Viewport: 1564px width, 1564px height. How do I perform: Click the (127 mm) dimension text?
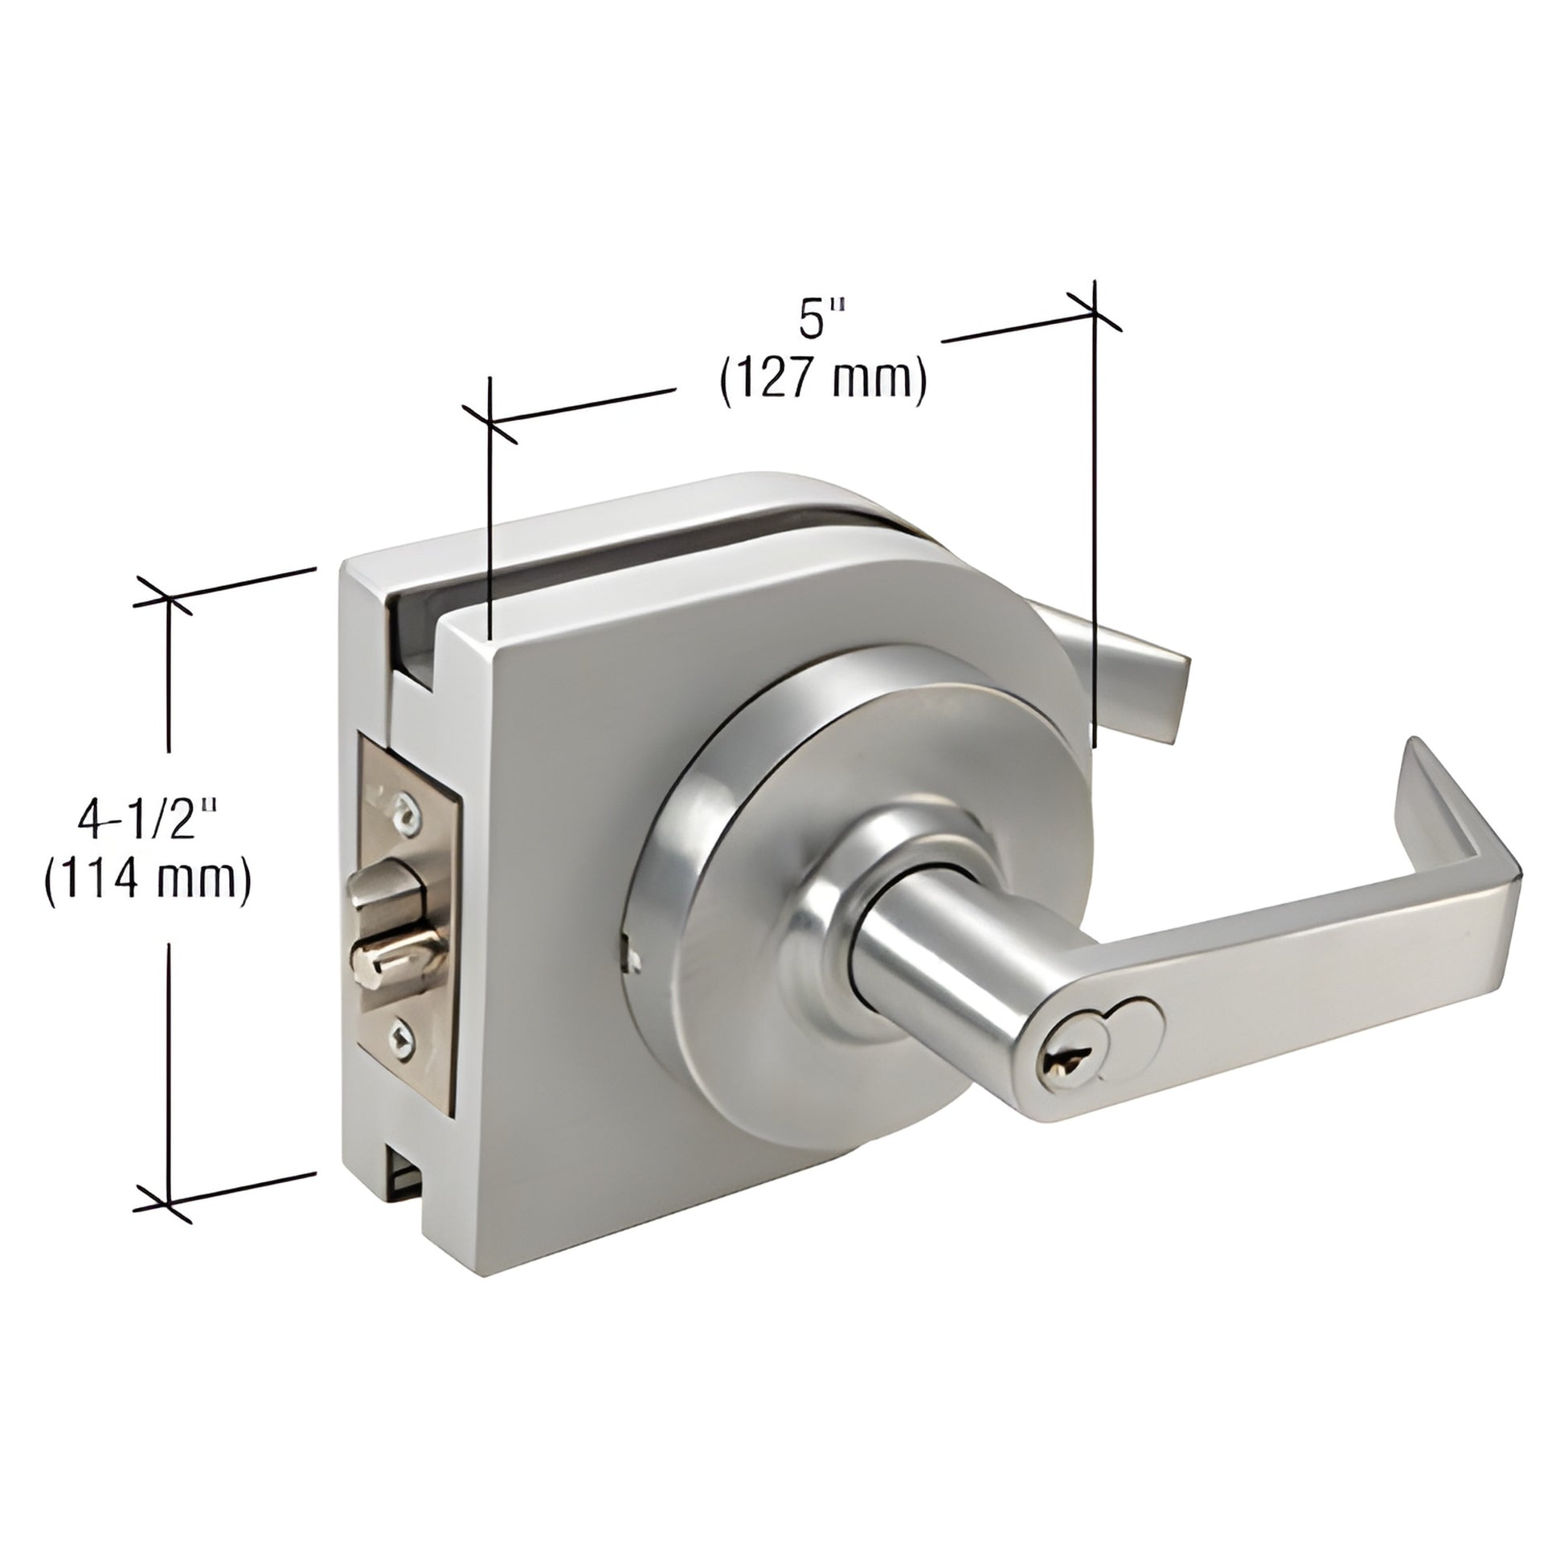(x=823, y=378)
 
